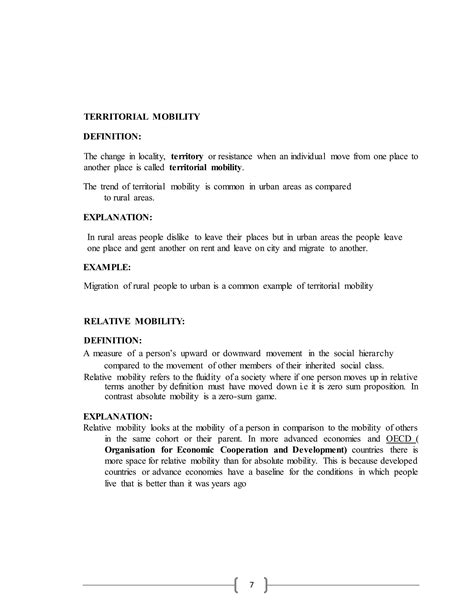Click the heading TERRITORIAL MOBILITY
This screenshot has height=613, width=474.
[142, 117]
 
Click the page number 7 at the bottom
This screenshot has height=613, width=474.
[237, 584]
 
